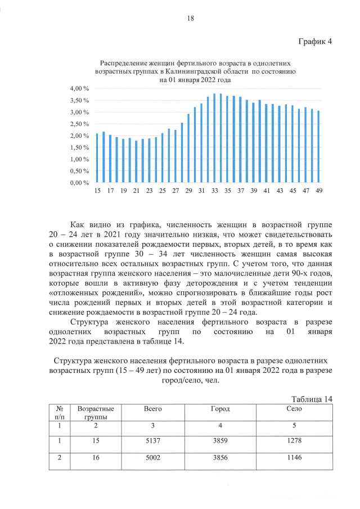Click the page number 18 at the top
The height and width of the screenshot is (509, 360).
(190, 19)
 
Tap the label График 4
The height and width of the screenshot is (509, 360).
(314, 42)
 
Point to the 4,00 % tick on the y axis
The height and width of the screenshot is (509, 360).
(79, 89)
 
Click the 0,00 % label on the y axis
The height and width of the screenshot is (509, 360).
(79, 183)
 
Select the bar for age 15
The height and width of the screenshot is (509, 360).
(97, 158)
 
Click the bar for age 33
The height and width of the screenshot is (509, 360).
(214, 138)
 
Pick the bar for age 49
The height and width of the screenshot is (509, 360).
(318, 147)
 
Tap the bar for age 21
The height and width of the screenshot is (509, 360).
(136, 161)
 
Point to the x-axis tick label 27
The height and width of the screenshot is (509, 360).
(175, 191)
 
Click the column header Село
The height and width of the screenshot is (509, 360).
(294, 409)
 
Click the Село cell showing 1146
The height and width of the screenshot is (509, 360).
(294, 458)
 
